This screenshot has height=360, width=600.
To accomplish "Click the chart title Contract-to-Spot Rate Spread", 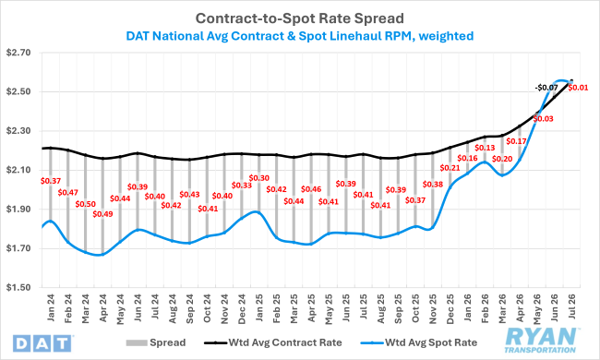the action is (300, 18).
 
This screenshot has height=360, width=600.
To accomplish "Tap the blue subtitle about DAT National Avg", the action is (300, 36).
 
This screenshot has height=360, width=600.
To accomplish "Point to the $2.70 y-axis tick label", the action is (18, 53).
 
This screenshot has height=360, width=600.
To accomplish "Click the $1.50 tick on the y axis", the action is (18, 287).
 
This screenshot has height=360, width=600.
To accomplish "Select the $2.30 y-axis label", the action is (18, 131).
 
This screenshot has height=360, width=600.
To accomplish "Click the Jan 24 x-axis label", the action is (51, 308).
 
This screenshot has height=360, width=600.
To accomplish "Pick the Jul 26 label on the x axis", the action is (571, 306).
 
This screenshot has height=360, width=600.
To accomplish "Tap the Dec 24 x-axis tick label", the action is (242, 309).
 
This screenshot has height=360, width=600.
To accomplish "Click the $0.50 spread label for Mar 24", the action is (85, 204).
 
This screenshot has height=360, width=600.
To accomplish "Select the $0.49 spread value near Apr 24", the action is (103, 214).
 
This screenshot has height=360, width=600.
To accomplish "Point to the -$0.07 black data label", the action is (546, 88).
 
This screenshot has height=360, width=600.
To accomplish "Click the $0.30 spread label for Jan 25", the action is (259, 178).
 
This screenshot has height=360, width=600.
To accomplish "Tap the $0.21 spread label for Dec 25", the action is (450, 168).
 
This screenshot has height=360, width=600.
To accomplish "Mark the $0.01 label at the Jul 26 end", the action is (578, 88).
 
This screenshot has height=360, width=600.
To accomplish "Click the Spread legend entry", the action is (156, 342).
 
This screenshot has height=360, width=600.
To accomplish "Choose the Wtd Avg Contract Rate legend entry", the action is (273, 342).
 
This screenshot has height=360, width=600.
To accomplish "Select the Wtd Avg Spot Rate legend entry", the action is (419, 342).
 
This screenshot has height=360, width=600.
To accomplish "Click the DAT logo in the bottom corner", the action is (42, 343).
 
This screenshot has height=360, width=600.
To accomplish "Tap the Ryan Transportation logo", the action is (540, 340).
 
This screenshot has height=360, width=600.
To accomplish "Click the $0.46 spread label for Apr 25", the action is (311, 189).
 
